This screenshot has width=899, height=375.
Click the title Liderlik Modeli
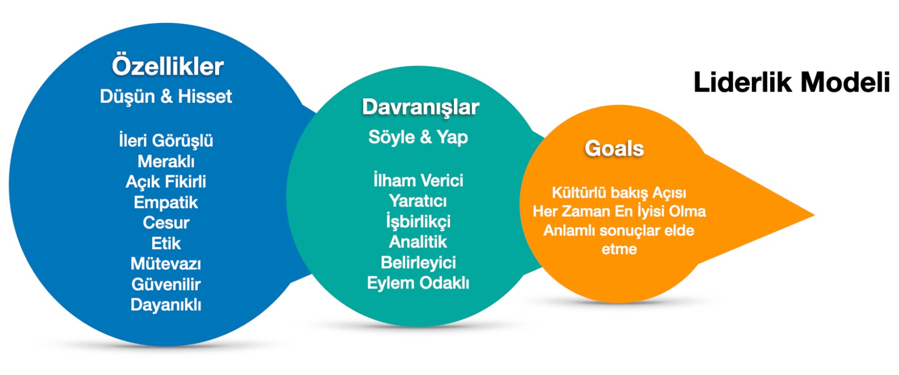point(792,83)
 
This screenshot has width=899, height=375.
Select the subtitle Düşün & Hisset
point(166,97)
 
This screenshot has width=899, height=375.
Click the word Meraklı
point(166,161)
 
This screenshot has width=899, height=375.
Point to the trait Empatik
point(166,203)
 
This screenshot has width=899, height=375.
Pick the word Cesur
point(166,223)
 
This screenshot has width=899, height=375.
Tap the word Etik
point(166,243)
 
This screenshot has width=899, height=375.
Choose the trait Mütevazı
point(166,263)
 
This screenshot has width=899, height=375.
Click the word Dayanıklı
point(166,305)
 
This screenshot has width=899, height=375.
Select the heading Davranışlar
point(421,107)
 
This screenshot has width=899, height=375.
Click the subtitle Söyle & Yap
point(418,137)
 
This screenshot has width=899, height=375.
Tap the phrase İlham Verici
point(418,180)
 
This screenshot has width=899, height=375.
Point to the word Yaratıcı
point(418,201)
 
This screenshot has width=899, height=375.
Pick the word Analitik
point(418,242)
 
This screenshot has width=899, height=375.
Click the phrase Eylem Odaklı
point(418,283)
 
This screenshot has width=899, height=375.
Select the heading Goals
point(615,148)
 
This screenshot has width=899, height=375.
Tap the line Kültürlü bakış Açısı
point(619,193)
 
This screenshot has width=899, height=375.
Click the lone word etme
point(619,249)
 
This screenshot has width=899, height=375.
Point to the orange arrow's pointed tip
point(814,215)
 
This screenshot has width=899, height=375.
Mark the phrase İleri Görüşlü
point(166,141)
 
